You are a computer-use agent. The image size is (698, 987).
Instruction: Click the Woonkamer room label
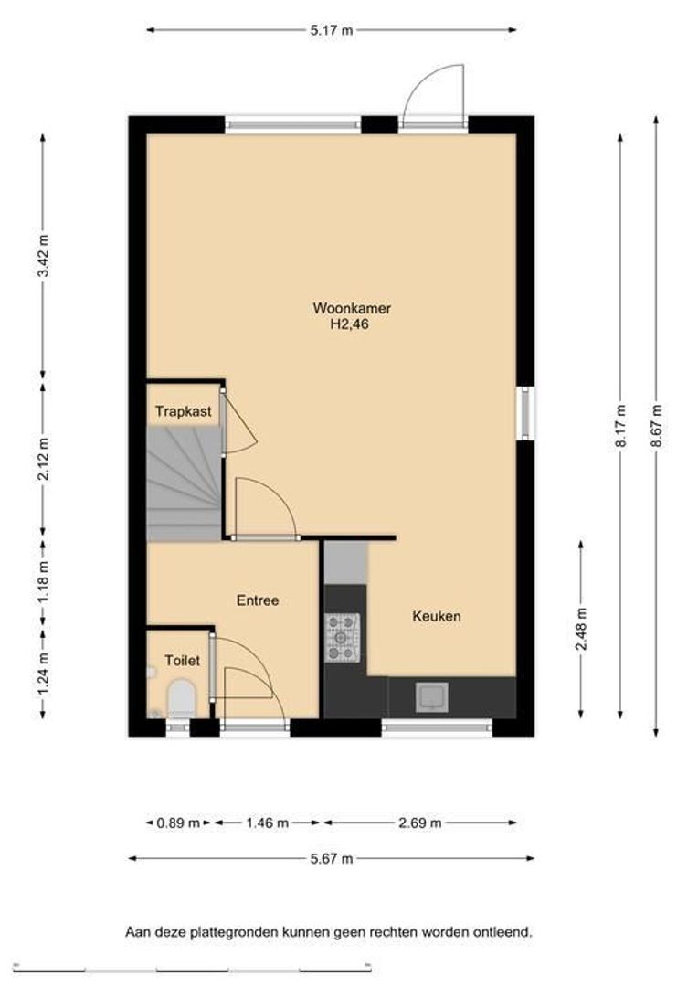352,309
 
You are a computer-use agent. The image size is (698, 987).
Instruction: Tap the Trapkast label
183,411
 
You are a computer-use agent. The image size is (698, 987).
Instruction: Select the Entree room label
258,600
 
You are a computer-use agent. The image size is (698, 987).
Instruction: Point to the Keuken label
437,616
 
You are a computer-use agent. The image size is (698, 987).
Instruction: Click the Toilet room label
183,661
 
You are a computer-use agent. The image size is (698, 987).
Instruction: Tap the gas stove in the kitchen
342,638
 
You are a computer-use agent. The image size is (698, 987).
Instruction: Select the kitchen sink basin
432,697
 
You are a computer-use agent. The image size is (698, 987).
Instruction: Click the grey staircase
184,483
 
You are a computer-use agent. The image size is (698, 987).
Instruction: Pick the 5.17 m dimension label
332,29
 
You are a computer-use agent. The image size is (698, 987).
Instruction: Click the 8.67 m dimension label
657,426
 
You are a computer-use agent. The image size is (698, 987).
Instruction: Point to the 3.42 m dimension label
43,256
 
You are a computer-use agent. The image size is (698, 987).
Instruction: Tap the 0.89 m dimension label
179,822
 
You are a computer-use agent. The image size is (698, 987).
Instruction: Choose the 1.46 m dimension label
268,822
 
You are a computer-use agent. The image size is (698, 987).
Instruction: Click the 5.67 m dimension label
331,858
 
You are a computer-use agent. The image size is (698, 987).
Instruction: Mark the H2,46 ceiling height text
349,325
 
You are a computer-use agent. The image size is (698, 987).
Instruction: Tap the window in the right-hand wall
526,413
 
